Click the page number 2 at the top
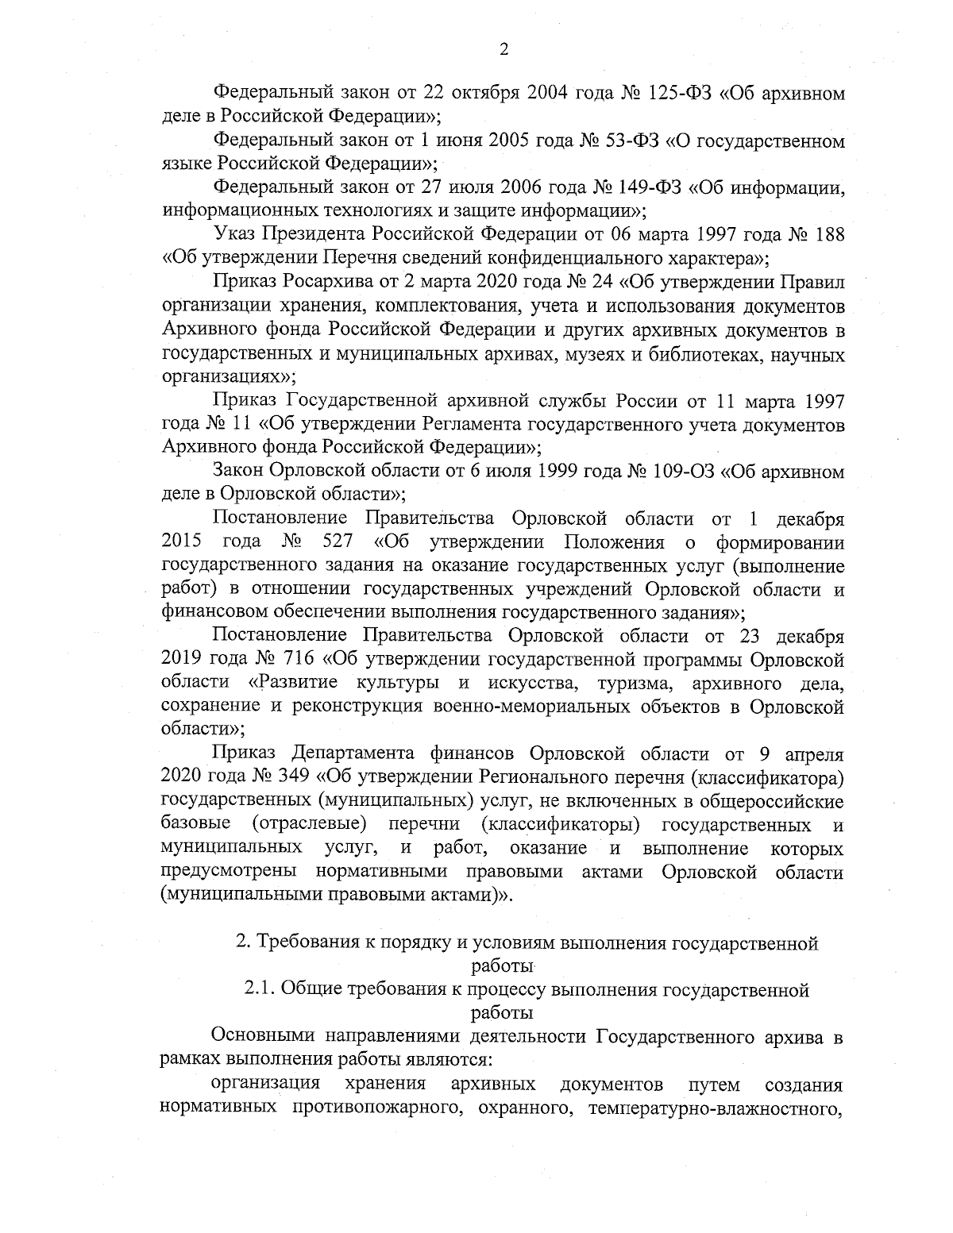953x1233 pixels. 502,50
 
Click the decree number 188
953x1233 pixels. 828,235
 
